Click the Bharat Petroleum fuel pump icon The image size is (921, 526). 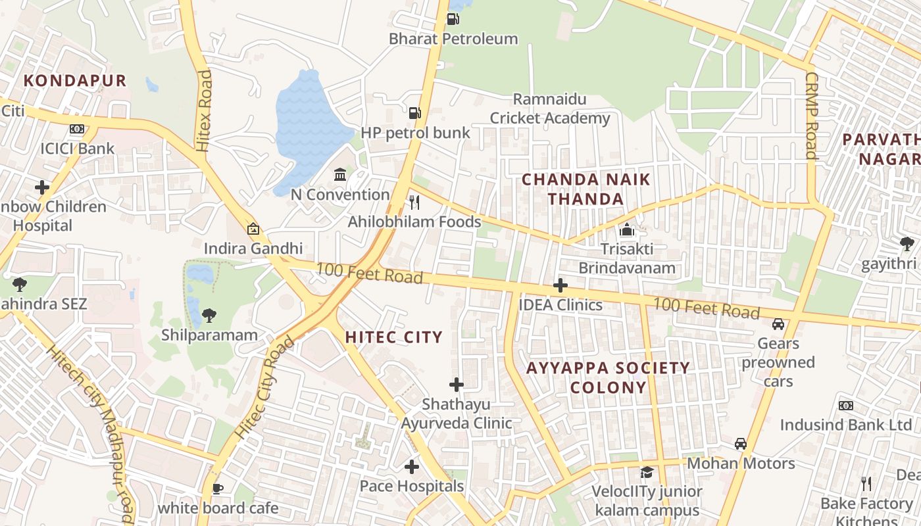pyautogui.click(x=453, y=19)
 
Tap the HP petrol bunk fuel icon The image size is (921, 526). pyautogui.click(x=414, y=113)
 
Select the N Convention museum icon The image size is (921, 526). pyautogui.click(x=340, y=174)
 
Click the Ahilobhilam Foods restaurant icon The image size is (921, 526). pyautogui.click(x=414, y=202)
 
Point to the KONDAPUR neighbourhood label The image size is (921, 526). pyautogui.click(x=75, y=81)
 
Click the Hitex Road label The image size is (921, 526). pyautogui.click(x=204, y=111)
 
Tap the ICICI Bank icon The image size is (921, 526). pyautogui.click(x=77, y=129)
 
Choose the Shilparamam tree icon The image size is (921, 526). pyautogui.click(x=209, y=316)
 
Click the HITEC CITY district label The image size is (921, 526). pyautogui.click(x=394, y=337)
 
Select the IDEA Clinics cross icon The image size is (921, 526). pyautogui.click(x=560, y=285)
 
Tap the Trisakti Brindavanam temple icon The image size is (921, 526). pyautogui.click(x=627, y=230)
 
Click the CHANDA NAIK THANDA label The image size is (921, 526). pyautogui.click(x=586, y=189)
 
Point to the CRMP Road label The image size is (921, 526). pyautogui.click(x=810, y=116)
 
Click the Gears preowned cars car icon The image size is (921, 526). pyautogui.click(x=778, y=324)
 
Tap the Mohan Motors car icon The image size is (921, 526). pyautogui.click(x=741, y=444)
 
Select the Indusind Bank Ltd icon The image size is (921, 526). pyautogui.click(x=846, y=406)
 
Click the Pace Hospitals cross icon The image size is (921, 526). pyautogui.click(x=412, y=467)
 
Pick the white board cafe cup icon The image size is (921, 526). pyautogui.click(x=218, y=489)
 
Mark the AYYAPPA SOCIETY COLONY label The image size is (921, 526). pyautogui.click(x=608, y=377)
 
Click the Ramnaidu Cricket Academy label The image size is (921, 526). pyautogui.click(x=550, y=109)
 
